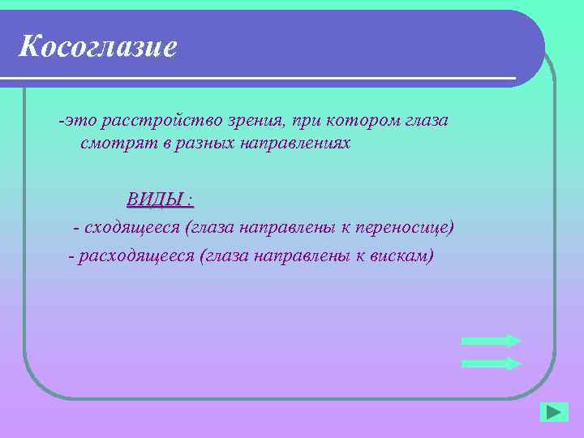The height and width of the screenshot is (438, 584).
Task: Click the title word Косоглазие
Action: pyautogui.click(x=97, y=47)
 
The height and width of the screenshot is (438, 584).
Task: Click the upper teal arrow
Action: pyautogui.click(x=491, y=341)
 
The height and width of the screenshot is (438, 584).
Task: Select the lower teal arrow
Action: pyautogui.click(x=491, y=363)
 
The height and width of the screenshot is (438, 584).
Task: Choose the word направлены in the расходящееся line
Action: pyautogui.click(x=294, y=256)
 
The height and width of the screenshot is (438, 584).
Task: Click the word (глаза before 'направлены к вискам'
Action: pyautogui.click(x=224, y=256)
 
